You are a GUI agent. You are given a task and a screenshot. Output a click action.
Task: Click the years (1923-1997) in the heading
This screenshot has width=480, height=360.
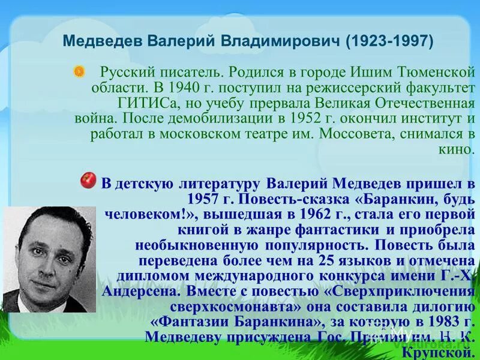pyautogui.click(x=388, y=42)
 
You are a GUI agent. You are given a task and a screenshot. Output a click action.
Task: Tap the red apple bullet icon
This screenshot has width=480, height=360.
pyautogui.click(x=88, y=179)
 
